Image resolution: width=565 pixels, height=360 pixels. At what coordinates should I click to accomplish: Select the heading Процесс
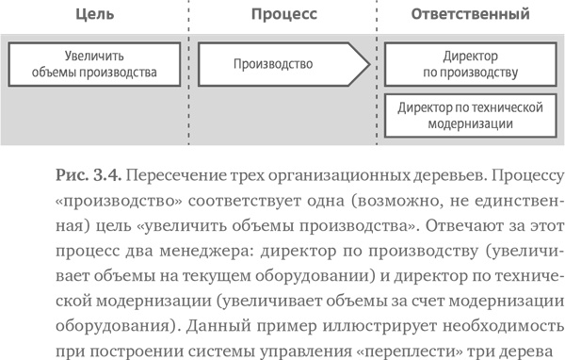[283, 14]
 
